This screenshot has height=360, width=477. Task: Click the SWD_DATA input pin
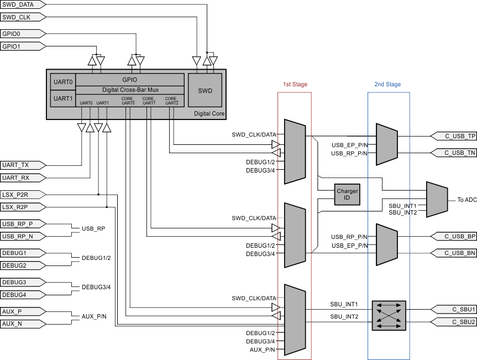click(x=20, y=5)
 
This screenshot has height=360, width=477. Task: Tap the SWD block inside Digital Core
click(x=205, y=90)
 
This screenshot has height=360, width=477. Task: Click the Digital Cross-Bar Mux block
click(x=129, y=90)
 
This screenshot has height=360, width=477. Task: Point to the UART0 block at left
click(x=62, y=82)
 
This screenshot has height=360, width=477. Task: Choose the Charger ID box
click(x=347, y=195)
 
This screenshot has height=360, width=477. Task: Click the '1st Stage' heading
click(x=295, y=85)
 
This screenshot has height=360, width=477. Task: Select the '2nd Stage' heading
click(x=387, y=85)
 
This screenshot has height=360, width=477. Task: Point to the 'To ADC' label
click(x=466, y=200)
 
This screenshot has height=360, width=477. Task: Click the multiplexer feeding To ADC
click(x=437, y=200)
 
